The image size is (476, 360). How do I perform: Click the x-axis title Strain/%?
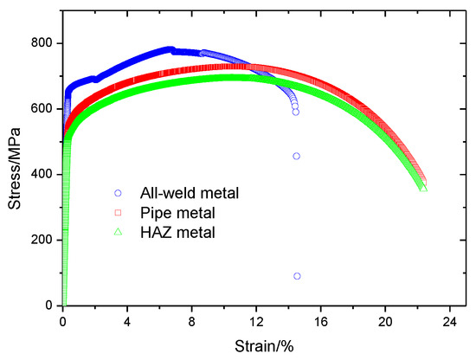(x=257, y=347)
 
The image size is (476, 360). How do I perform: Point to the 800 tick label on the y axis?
(x=42, y=43)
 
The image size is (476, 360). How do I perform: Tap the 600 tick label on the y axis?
(x=42, y=109)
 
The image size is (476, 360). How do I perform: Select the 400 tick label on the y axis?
(x=42, y=175)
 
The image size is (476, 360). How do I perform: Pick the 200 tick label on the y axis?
(x=42, y=240)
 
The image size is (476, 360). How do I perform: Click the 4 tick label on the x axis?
(x=127, y=321)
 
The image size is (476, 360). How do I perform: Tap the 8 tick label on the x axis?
(x=192, y=321)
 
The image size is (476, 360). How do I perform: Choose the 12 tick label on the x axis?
(x=256, y=321)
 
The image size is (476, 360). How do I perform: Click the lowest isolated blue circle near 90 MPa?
(x=297, y=276)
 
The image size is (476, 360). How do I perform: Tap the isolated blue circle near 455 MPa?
(x=296, y=157)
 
